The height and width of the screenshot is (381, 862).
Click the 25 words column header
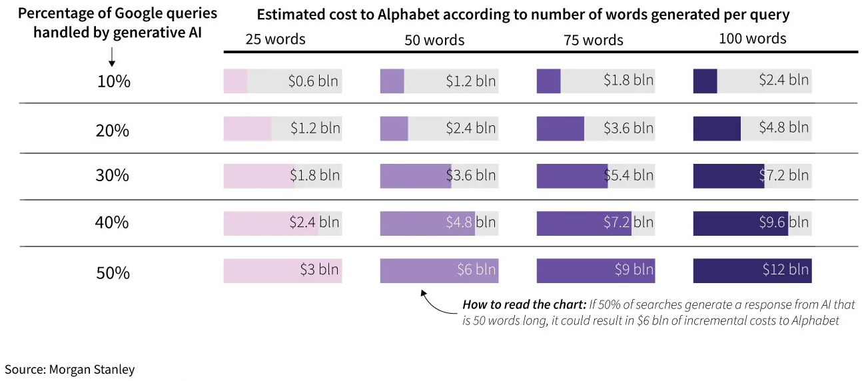coord(275,39)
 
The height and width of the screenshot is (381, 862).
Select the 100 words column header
coord(752,39)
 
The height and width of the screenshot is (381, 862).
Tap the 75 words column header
coord(593,40)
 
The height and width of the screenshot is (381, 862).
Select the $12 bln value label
coord(785,270)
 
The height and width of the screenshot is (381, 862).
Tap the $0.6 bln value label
coord(313,81)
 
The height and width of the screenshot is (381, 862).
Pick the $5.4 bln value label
coord(628,176)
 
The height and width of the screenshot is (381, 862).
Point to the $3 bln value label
coord(319,270)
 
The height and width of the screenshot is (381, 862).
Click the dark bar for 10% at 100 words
coord(705,81)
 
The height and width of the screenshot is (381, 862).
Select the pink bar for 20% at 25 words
coord(247,129)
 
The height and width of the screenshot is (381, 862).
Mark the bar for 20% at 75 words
coord(560,129)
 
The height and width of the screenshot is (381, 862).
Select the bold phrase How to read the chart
coord(524,305)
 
